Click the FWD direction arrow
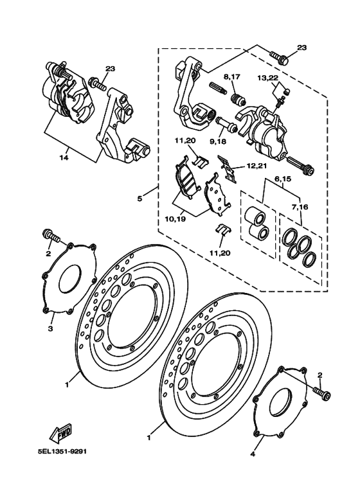click(x=61, y=434)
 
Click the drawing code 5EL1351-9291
click(x=62, y=451)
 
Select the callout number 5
click(x=140, y=199)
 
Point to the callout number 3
click(x=50, y=329)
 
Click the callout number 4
click(x=253, y=454)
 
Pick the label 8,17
click(x=232, y=76)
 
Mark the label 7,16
click(x=300, y=207)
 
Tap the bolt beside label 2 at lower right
click(x=322, y=393)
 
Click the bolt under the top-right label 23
click(x=279, y=57)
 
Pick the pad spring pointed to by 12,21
click(x=227, y=168)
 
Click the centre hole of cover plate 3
click(x=68, y=278)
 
